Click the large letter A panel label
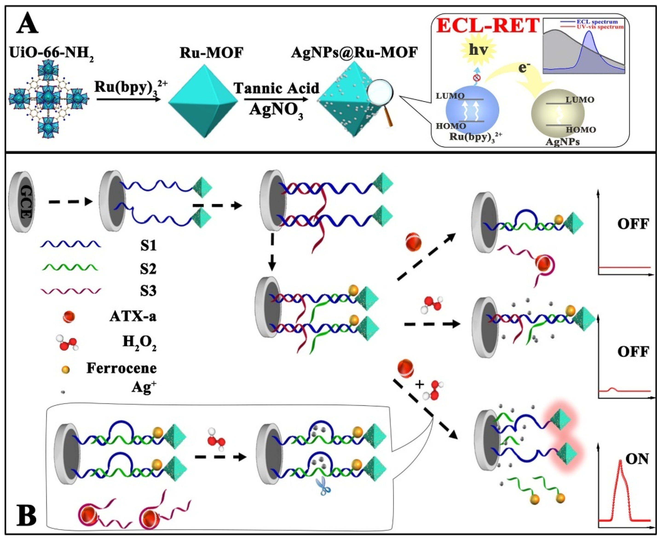pyautogui.click(x=27, y=26)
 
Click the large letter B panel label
pyautogui.click(x=26, y=515)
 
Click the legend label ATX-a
pyautogui.click(x=133, y=317)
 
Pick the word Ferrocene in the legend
pyautogui.click(x=121, y=368)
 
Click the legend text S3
pyautogui.click(x=148, y=291)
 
